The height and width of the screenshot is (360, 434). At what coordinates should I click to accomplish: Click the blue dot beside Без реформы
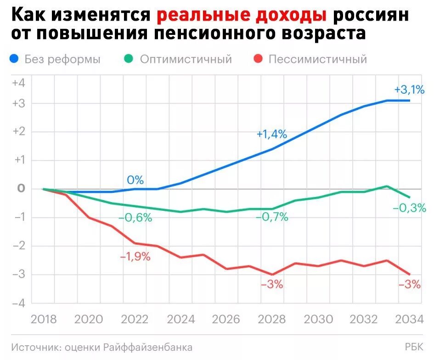[x=14, y=59]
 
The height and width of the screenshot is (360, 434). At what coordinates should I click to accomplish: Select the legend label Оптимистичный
[x=186, y=59]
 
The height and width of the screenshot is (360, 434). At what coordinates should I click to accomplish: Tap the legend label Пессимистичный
[x=317, y=59]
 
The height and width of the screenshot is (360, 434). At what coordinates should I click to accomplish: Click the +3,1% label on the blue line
[x=409, y=90]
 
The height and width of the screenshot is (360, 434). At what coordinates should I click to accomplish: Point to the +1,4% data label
[x=272, y=134]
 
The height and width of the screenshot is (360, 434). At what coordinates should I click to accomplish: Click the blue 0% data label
[x=135, y=180]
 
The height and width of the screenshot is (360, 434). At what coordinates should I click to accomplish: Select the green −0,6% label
[x=135, y=218]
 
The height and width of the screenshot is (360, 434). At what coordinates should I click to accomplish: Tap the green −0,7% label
[x=272, y=217]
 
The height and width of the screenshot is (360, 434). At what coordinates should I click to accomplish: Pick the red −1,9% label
[x=135, y=257]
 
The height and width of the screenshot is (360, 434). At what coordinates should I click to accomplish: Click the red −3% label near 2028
[x=272, y=285]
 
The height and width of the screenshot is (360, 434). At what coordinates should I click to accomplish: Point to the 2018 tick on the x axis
[x=43, y=320]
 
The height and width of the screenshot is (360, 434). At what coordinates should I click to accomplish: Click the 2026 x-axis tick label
[x=226, y=320]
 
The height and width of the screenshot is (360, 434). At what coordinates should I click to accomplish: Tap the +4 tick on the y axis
[x=18, y=83]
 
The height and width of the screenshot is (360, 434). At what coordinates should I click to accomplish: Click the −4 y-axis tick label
[x=18, y=303]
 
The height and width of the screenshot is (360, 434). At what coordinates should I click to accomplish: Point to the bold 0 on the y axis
[x=20, y=189]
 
